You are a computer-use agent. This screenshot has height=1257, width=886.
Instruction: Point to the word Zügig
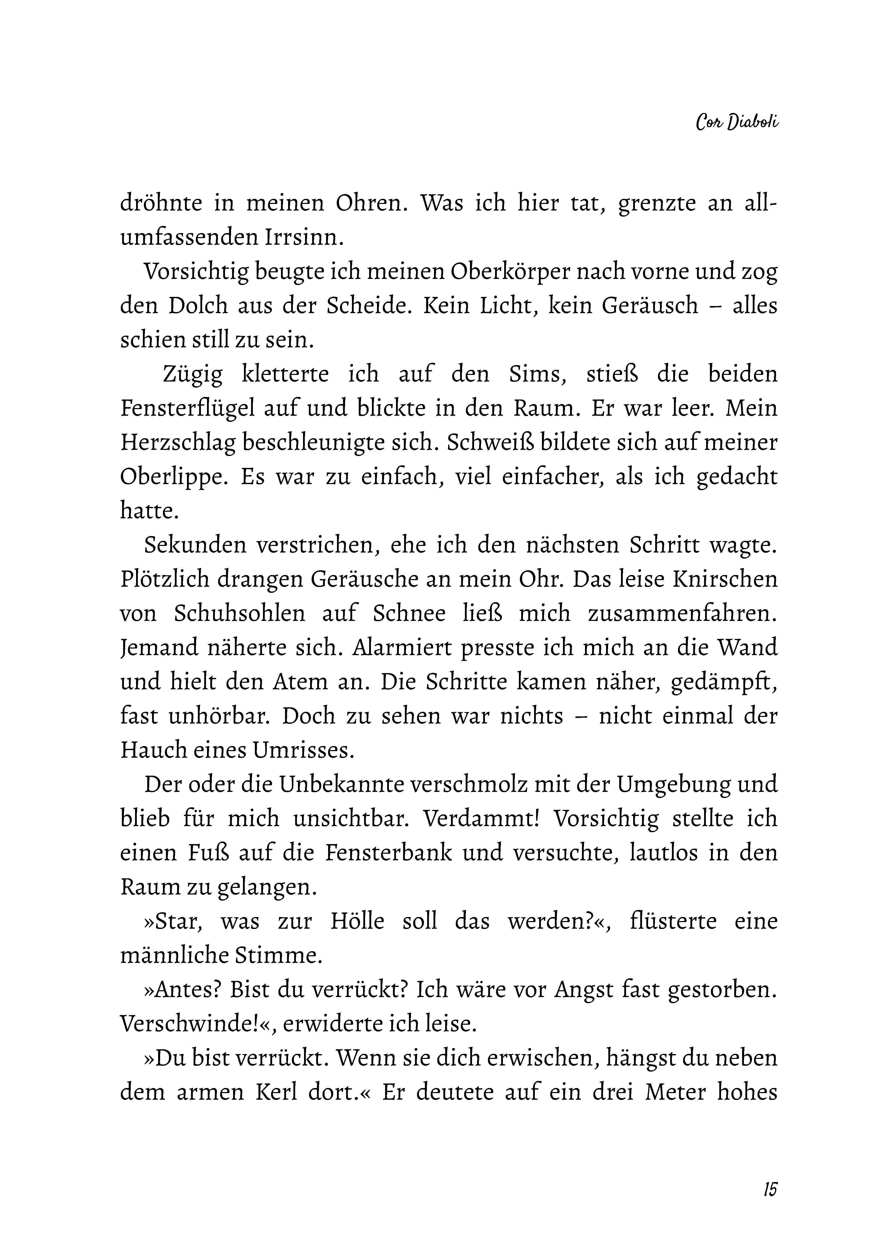point(193,374)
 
